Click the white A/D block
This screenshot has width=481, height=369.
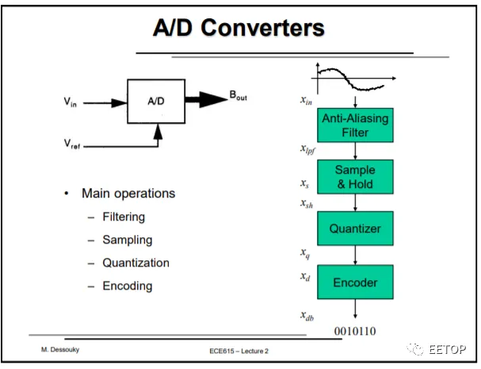point(156,102)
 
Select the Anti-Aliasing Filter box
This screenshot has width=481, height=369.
point(355,125)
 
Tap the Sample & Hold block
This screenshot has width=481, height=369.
point(355,177)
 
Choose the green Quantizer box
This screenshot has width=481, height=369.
point(355,229)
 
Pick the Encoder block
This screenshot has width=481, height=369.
point(355,282)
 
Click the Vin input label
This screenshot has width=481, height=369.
point(70,102)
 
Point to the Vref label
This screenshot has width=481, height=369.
point(72,144)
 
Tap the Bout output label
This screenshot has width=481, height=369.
point(238,95)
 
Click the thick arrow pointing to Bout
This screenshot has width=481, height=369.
point(207,99)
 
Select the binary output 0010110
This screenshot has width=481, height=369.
point(355,331)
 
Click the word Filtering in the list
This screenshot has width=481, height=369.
point(124,217)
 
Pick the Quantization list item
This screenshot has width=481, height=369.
point(136,263)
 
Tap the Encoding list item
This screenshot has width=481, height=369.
point(128,286)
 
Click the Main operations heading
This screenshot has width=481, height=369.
point(128,194)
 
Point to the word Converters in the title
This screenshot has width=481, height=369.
point(262,28)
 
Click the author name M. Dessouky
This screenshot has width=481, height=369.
point(60,350)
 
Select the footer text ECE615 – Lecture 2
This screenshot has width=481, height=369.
point(239,351)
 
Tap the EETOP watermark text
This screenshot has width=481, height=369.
point(447,349)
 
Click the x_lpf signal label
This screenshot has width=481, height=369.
point(307,149)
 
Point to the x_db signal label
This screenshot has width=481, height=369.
point(307,316)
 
